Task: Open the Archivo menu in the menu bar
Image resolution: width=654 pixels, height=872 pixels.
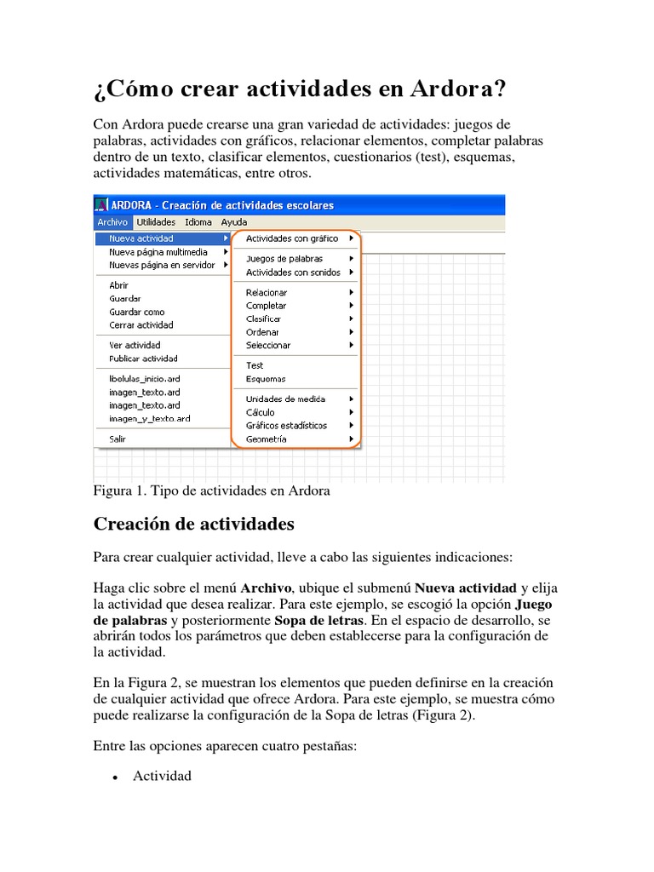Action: coord(111,222)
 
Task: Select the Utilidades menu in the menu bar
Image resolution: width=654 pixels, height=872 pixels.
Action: coord(156,222)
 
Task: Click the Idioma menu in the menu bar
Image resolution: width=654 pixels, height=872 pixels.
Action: coord(198,222)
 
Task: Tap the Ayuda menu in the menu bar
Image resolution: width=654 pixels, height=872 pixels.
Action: coord(233,222)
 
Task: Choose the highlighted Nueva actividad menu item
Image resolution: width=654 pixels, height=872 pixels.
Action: coord(141,238)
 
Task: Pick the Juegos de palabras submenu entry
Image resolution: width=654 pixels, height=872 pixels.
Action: coord(284,258)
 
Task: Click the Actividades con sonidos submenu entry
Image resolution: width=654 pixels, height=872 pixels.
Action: coord(293,272)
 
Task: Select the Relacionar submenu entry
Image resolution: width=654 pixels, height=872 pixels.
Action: coord(267,292)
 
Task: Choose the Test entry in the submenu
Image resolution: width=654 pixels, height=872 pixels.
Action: coord(255,365)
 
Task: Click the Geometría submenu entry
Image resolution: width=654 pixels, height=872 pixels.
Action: coord(266,439)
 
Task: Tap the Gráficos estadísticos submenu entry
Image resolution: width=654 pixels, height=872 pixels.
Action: coord(286,425)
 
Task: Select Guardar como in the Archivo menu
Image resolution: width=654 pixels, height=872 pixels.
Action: coord(137,312)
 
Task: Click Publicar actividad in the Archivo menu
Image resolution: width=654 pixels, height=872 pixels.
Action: coord(143,359)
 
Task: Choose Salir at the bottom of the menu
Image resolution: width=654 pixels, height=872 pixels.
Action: coord(118,439)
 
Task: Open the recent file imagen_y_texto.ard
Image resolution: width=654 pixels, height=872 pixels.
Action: coord(150,418)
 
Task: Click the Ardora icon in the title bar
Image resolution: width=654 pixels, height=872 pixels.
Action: coord(101,204)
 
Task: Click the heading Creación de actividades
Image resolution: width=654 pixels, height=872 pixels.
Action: coord(193,523)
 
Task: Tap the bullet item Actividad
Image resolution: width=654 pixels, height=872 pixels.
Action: coord(162,776)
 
